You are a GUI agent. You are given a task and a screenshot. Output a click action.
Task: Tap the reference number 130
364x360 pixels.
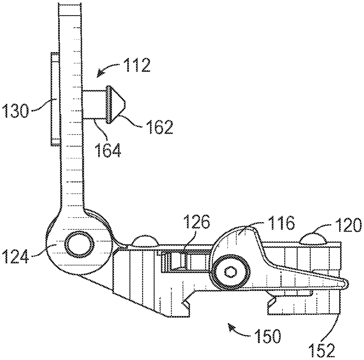coord(15,111)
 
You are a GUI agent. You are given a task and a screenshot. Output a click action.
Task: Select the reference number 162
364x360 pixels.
coord(160,127)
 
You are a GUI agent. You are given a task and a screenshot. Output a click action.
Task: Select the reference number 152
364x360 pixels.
coord(322,350)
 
